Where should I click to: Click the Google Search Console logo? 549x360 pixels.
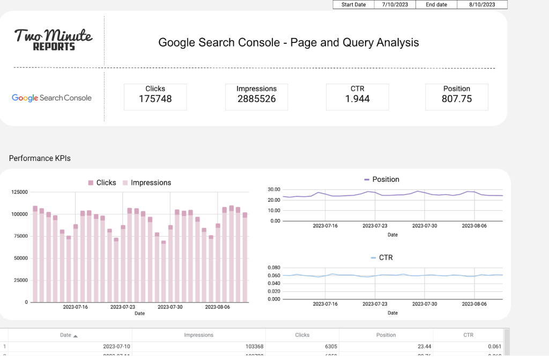[x=51, y=98]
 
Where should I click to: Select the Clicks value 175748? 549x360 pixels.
[x=155, y=99]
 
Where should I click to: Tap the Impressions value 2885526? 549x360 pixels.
[x=256, y=99]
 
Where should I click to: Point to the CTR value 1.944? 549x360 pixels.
[x=357, y=99]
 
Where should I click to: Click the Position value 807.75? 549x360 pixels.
[x=456, y=99]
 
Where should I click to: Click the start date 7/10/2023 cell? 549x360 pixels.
[x=395, y=4]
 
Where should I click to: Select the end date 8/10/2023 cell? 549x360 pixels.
[x=481, y=4]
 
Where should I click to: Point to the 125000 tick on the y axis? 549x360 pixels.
[x=19, y=192]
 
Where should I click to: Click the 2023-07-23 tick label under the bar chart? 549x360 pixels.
[x=123, y=307]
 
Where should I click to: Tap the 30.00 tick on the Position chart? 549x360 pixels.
[x=274, y=189]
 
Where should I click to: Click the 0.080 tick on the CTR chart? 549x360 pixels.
[x=273, y=267]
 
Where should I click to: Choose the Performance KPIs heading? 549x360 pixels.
[x=40, y=158]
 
